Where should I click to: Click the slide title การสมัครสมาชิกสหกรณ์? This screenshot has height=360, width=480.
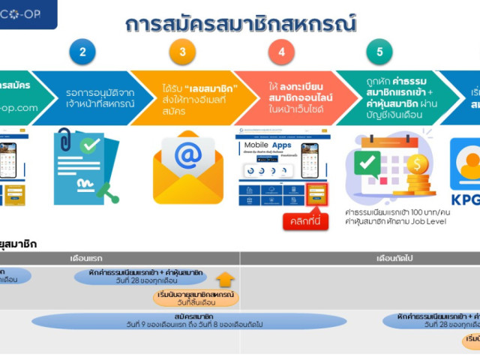coord(240,24)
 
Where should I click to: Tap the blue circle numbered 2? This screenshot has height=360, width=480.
coord(82,52)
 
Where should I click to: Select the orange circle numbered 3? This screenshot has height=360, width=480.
coord(182,52)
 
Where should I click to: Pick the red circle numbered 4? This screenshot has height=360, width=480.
coord(281,52)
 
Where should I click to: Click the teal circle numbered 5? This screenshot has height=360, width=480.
coord(379,52)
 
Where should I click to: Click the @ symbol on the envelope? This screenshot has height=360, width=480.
coord(188,156)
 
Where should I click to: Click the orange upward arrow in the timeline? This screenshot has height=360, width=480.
coord(225,280)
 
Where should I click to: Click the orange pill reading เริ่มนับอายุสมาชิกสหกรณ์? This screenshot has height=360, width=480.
coord(196,298)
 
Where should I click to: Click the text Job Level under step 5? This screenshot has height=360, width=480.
coord(430,223)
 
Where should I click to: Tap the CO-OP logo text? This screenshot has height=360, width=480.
coord(30,12)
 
